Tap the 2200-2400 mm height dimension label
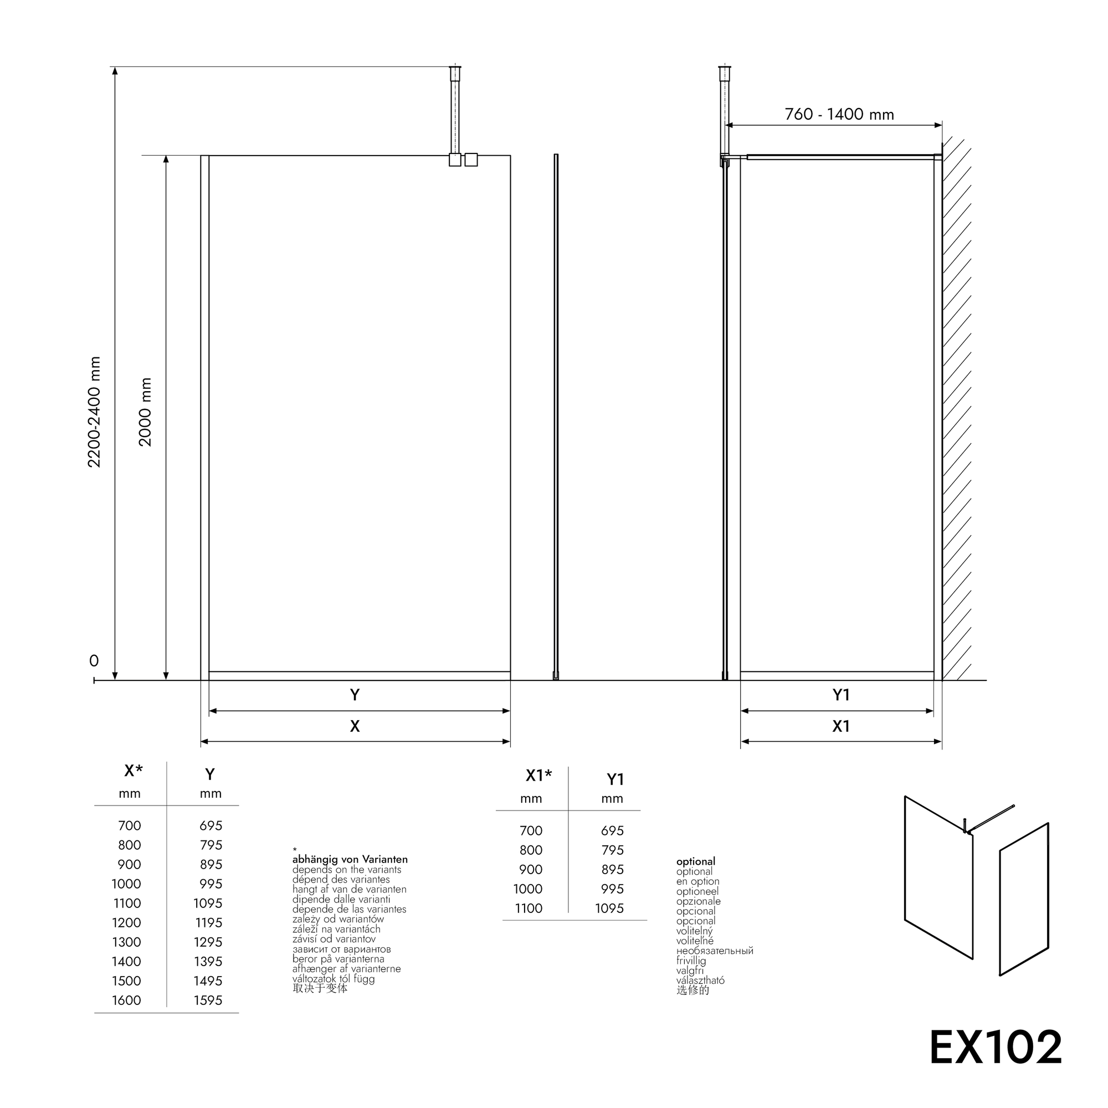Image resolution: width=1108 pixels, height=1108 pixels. (94, 412)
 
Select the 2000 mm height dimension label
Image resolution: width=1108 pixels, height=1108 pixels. (145, 412)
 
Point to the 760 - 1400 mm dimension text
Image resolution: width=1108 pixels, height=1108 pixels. (839, 114)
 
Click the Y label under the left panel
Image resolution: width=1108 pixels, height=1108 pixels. (355, 695)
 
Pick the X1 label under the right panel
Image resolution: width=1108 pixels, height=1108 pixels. (841, 727)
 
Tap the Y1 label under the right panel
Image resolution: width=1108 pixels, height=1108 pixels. (841, 695)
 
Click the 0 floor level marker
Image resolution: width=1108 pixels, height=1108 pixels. (94, 661)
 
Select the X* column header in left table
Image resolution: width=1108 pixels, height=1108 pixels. (134, 771)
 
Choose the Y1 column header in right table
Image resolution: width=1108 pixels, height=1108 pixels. (615, 779)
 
